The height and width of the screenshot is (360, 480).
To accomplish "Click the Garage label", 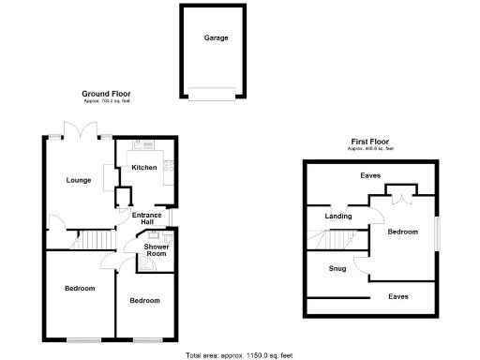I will click(217, 38).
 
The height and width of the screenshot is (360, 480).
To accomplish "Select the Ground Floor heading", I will click(105, 95).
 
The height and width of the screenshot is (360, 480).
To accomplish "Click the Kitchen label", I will click(143, 167).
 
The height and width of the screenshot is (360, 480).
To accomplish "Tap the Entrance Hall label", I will click(146, 219).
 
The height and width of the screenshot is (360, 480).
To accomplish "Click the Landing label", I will click(337, 217).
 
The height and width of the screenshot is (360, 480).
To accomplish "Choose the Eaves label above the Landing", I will click(370, 175).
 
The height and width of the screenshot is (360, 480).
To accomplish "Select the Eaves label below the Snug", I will click(398, 296).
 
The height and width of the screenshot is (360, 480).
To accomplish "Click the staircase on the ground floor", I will click(95, 240).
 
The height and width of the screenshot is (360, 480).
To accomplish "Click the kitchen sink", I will click(139, 144).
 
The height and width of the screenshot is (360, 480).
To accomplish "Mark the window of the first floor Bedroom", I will click(437, 235).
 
